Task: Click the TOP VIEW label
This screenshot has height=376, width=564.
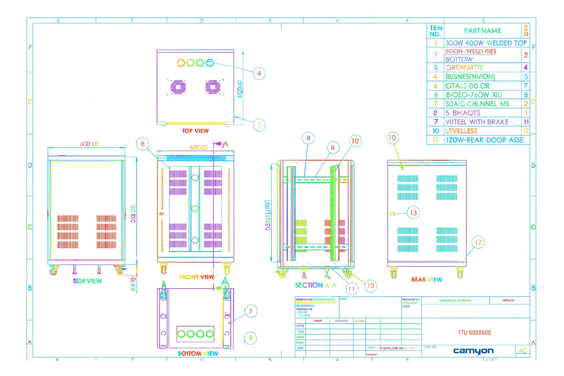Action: [195, 131]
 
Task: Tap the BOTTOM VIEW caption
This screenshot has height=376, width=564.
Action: [198, 353]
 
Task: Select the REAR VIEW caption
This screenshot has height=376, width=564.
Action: [427, 279]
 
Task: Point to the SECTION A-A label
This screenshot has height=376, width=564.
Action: [315, 285]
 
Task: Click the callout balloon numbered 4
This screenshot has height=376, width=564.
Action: [259, 73]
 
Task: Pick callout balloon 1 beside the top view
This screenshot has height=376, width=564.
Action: [259, 125]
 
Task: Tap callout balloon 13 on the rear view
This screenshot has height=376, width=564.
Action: [413, 213]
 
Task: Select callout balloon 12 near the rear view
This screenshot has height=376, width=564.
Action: [478, 242]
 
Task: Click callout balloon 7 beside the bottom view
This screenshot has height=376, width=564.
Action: [251, 311]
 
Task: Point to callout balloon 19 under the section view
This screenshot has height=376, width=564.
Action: [371, 286]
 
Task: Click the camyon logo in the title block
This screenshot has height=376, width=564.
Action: [473, 351]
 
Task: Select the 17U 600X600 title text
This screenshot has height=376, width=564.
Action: [474, 333]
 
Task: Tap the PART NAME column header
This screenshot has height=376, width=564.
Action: [482, 31]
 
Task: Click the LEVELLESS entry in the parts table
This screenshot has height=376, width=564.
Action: [461, 131]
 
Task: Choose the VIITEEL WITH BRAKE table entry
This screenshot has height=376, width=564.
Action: [477, 122]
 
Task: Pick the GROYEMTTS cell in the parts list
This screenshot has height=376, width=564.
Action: [464, 68]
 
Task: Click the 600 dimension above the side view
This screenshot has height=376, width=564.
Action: [89, 144]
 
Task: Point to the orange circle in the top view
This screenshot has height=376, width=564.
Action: [181, 63]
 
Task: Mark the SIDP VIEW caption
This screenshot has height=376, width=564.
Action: [87, 281]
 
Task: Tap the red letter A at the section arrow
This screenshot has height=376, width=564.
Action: [225, 145]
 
